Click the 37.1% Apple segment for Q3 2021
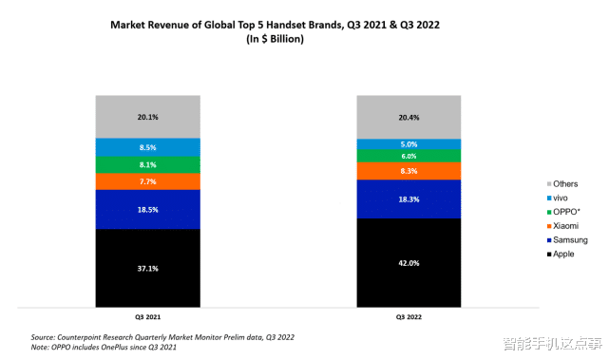click(147, 268)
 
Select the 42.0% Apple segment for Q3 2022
click(409, 263)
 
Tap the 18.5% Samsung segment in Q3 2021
click(147, 209)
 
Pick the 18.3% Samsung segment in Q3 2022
click(409, 199)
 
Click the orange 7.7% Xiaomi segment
click(147, 180)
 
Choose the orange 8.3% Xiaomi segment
click(409, 171)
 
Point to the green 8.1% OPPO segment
click(147, 164)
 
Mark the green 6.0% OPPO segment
click(409, 156)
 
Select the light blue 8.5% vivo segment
click(147, 147)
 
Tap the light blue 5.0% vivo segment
click(409, 144)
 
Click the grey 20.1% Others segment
click(147, 117)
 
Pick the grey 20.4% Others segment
click(409, 117)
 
